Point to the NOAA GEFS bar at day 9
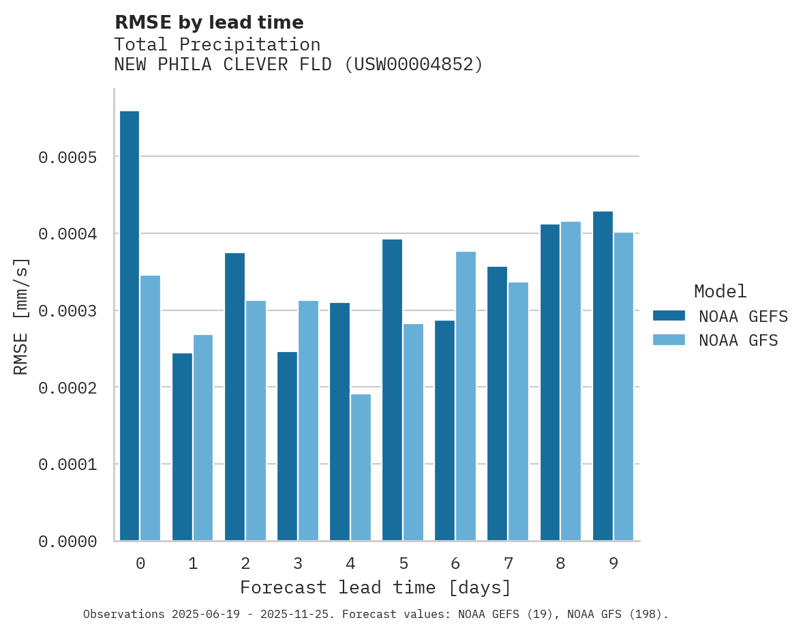(x=603, y=376)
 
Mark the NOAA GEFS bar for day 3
(x=287, y=446)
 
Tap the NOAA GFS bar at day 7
(x=518, y=411)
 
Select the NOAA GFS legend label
(x=738, y=340)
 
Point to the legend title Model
(x=721, y=291)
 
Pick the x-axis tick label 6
(x=455, y=563)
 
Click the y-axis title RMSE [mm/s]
(x=22, y=316)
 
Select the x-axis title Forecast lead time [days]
(x=376, y=587)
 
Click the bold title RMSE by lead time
(x=209, y=23)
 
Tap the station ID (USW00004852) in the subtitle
(x=414, y=65)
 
